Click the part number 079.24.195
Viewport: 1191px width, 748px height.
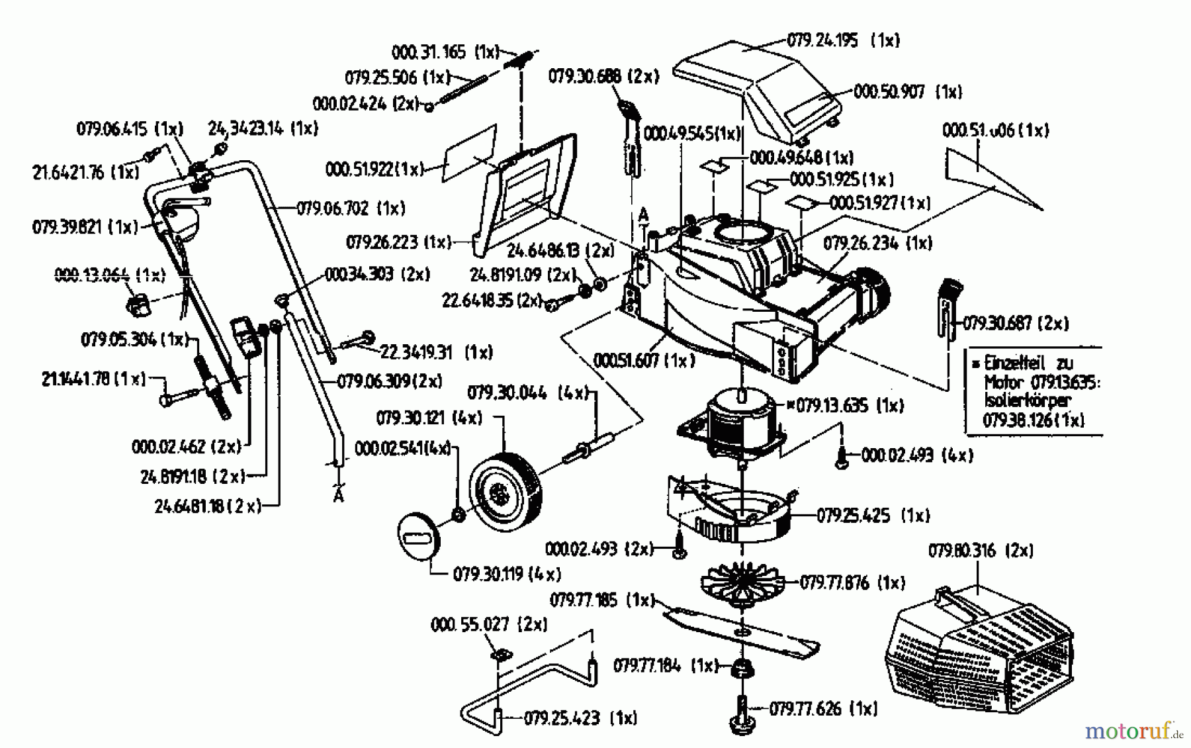coord(822,40)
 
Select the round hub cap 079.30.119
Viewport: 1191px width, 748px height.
coord(418,536)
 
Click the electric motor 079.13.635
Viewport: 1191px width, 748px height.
coord(734,424)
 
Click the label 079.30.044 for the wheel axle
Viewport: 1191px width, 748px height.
coord(507,393)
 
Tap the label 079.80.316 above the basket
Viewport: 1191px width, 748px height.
coord(963,551)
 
